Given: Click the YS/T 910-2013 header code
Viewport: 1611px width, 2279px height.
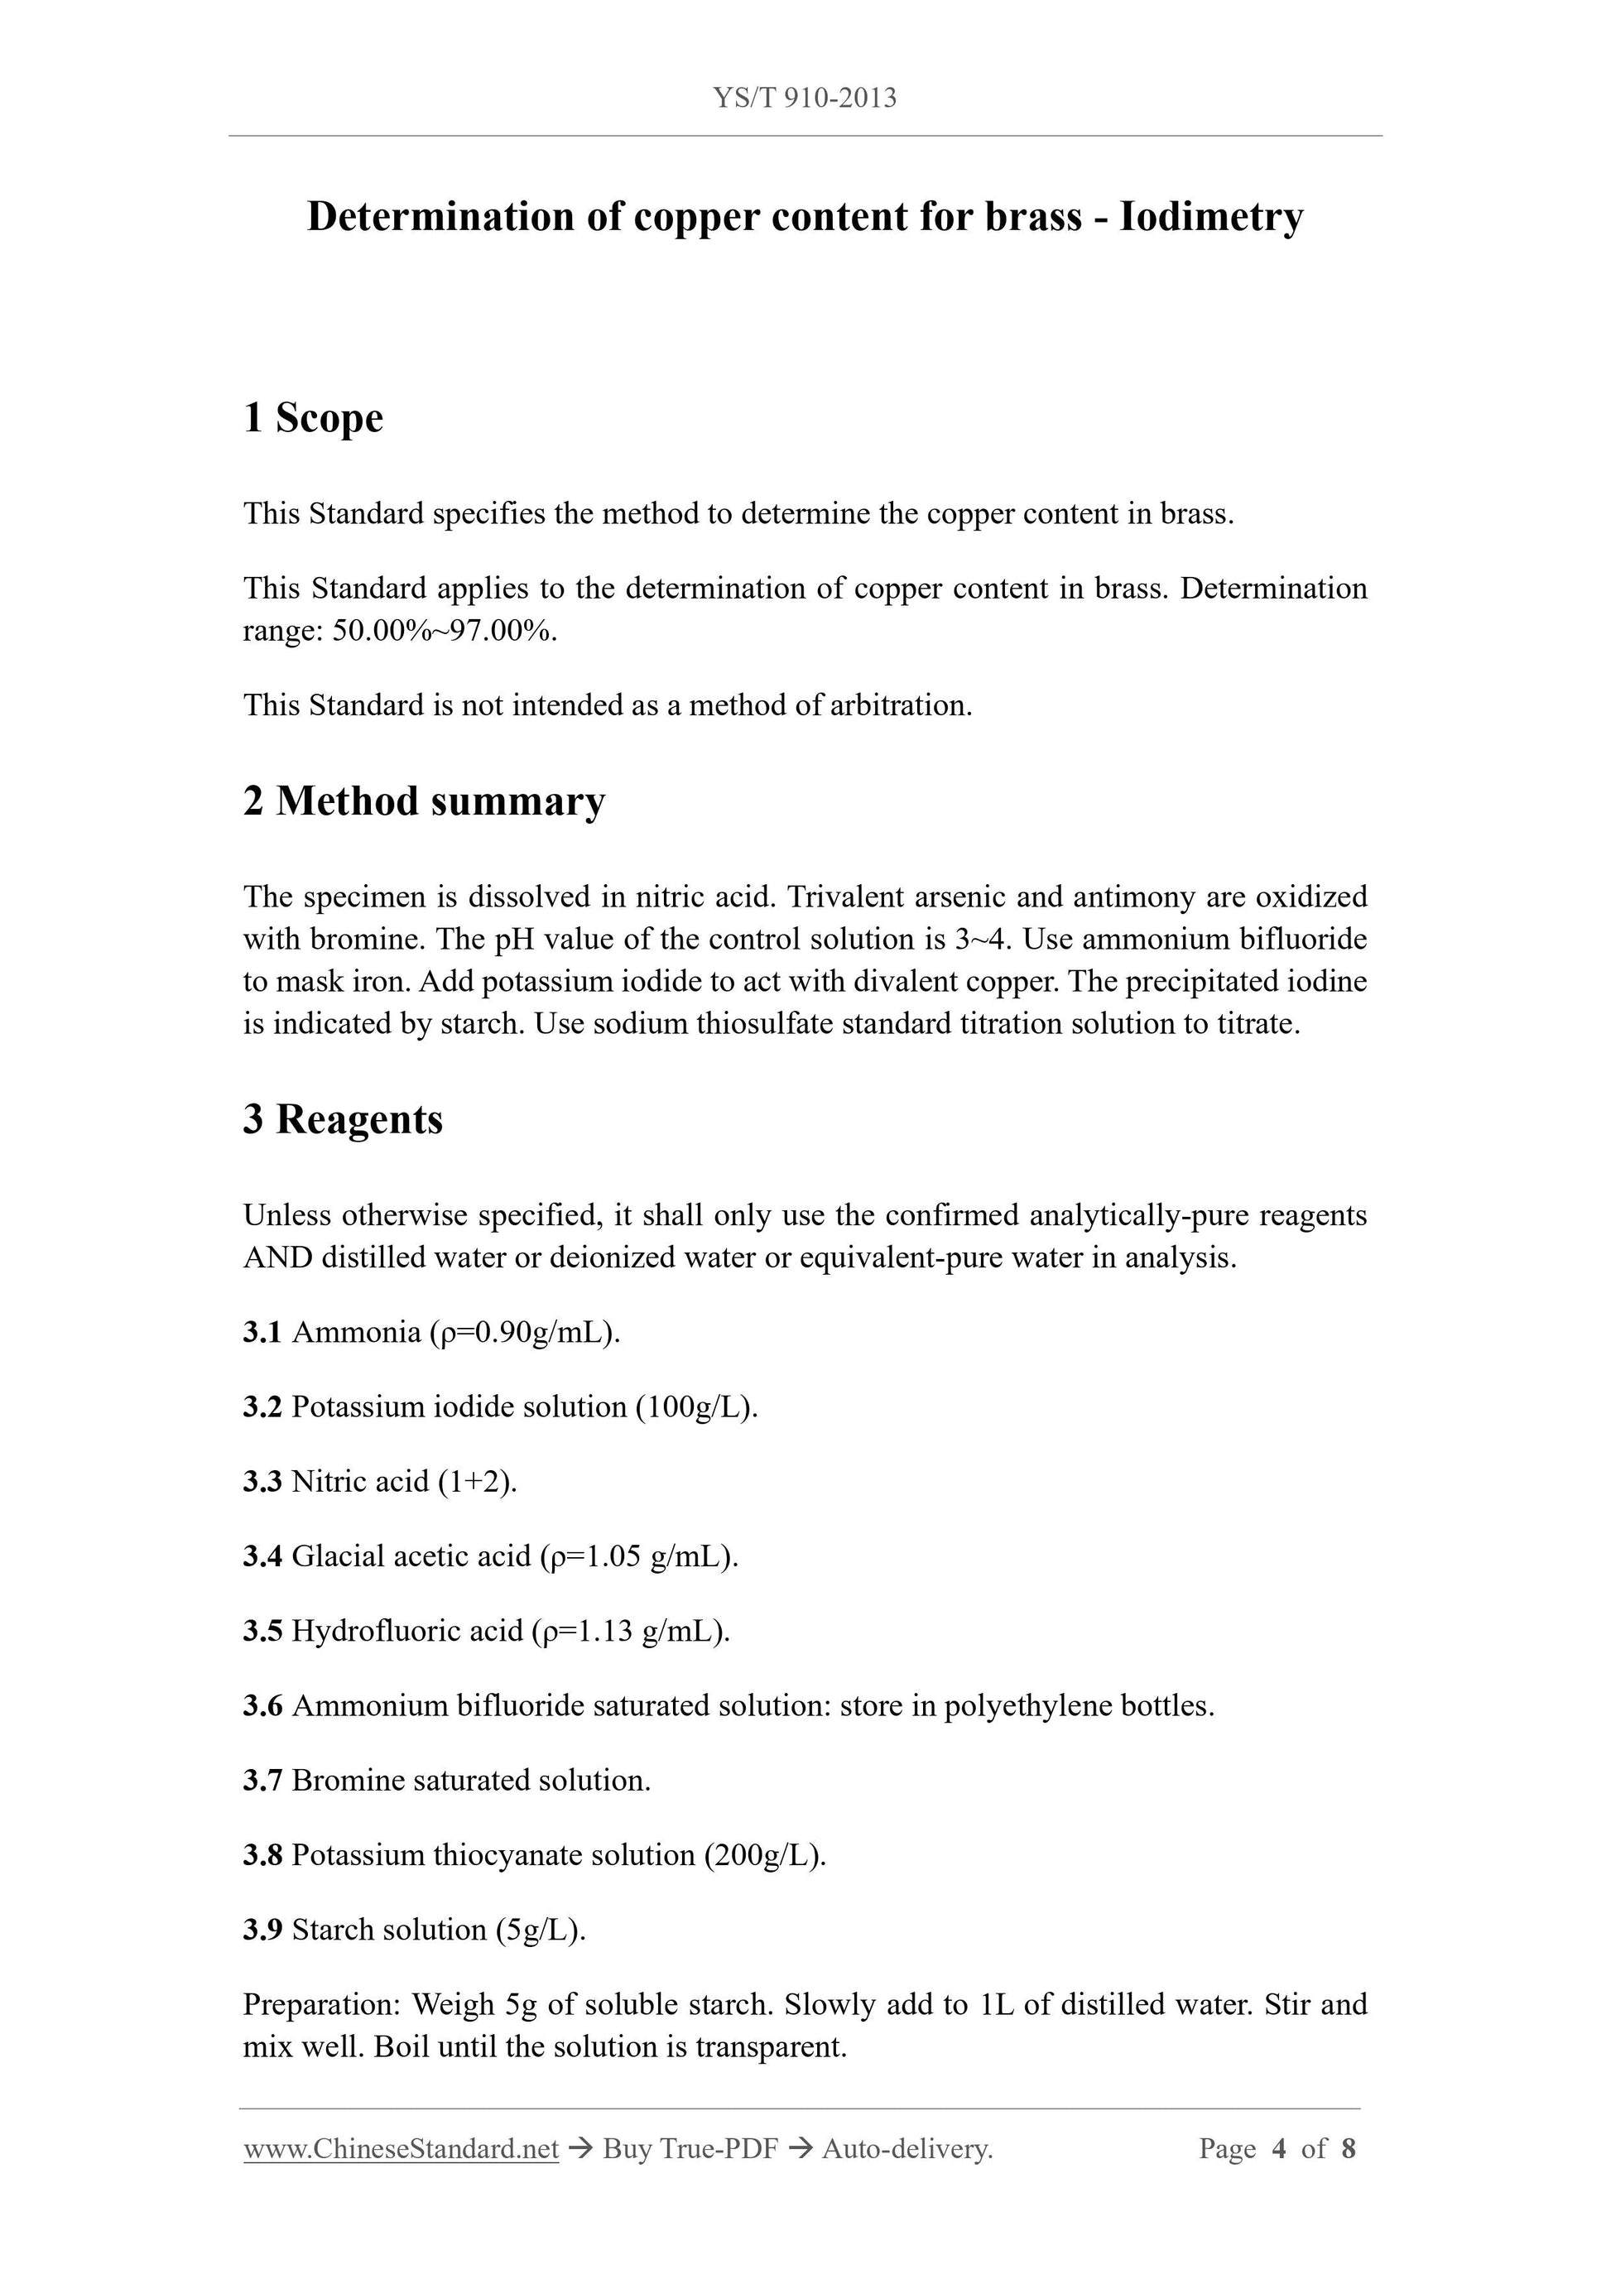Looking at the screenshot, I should (804, 98).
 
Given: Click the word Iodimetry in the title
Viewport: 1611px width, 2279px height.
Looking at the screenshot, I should (1211, 216).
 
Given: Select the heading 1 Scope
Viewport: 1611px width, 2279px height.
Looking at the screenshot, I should (313, 418).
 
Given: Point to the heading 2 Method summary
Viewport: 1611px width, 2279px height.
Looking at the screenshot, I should (424, 801).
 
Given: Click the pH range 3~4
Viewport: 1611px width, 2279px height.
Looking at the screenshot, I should (978, 939).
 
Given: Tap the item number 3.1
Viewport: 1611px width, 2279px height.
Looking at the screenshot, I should (262, 1332).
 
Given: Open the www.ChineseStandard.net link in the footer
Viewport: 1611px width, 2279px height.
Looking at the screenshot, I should (401, 2149).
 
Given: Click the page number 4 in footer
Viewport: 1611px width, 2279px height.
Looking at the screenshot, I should (1278, 2149).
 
